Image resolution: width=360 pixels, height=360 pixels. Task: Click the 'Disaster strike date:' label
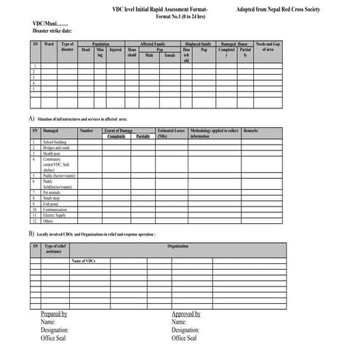pyautogui.click(x=53, y=31)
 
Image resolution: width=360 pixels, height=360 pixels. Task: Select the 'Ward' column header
pyautogui.click(x=49, y=44)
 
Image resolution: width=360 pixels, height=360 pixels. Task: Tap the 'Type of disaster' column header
pyautogui.click(x=68, y=47)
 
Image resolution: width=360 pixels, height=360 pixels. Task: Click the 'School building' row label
pyautogui.click(x=55, y=142)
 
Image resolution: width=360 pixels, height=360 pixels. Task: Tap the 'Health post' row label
pyautogui.click(x=52, y=153)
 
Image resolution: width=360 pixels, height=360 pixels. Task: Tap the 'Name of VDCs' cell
pyautogui.click(x=84, y=260)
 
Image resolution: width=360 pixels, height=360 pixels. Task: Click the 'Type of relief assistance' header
pyautogui.click(x=55, y=249)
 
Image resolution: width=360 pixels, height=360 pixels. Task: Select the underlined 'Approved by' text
pyautogui.click(x=186, y=313)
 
